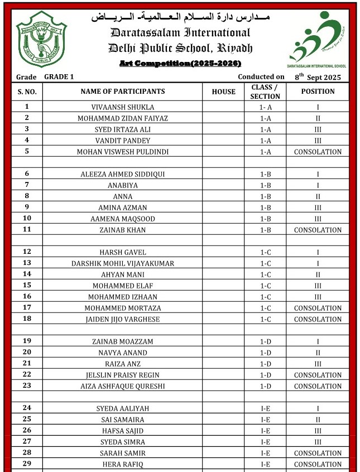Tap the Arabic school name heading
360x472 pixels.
tap(180, 17)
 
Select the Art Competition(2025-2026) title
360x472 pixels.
tap(180, 64)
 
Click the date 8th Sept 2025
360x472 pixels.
tap(318, 77)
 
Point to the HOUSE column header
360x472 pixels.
tap(223, 91)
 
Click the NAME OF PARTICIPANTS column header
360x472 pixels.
tap(123, 91)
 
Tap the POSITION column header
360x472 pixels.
tap(318, 91)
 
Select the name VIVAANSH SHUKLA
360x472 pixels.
tap(123, 107)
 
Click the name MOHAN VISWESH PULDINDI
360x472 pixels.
tap(123, 152)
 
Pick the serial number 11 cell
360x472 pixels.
tap(27, 229)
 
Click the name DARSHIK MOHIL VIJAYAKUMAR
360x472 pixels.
tap(123, 263)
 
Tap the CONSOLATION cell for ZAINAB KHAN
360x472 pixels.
tap(318, 230)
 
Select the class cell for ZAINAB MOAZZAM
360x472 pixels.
tap(265, 341)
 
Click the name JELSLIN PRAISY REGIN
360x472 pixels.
tap(123, 375)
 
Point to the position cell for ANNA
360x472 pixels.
tap(318, 196)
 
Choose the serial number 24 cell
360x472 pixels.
tap(27, 408)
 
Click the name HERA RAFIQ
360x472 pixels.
tap(123, 464)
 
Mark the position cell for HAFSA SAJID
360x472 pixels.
tap(318, 431)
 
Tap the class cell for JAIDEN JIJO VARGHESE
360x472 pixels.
tap(265, 319)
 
